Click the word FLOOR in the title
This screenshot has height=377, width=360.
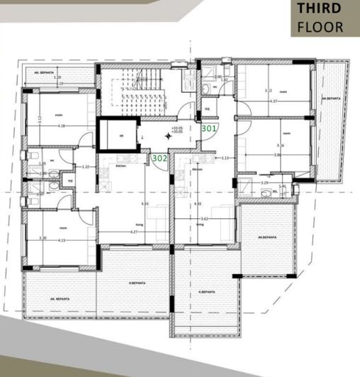coord(320,28)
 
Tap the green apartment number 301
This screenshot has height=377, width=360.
coord(209,129)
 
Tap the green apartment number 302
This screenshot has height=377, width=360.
coord(159,159)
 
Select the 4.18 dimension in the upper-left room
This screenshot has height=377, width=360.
coord(62,126)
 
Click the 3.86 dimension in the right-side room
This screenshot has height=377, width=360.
coord(278,154)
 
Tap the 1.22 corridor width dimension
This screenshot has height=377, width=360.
coord(86,167)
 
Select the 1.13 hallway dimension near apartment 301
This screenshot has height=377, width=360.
coord(225,158)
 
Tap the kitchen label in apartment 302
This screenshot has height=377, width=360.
coord(120,167)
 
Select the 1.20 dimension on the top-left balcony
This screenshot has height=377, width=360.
coord(57,77)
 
